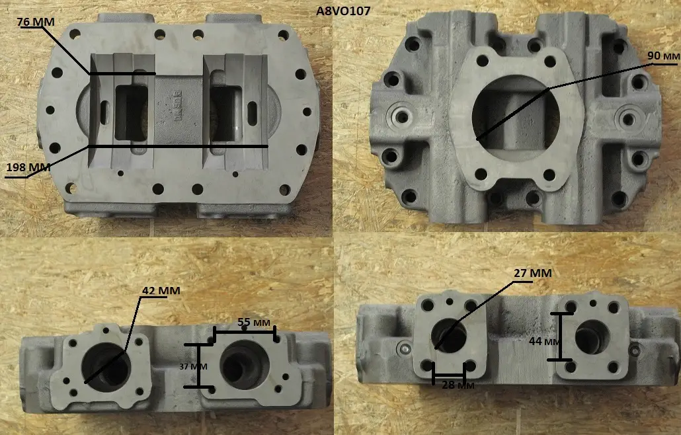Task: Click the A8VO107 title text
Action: [343, 11]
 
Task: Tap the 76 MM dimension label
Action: [36, 22]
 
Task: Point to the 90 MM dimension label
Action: [663, 56]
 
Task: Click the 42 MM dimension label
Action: [161, 290]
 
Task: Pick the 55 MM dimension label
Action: [254, 323]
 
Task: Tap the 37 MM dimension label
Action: [193, 366]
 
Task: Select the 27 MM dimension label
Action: [532, 273]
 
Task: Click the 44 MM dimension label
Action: [544, 342]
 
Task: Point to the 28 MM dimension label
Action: [458, 385]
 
